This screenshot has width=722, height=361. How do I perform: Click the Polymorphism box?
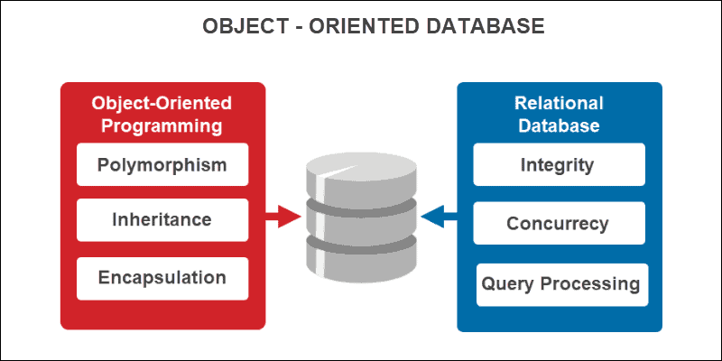point(162,165)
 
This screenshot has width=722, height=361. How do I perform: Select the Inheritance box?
point(162,220)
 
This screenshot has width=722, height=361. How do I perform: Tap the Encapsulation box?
point(162,277)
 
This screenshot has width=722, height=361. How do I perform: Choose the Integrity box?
point(560,165)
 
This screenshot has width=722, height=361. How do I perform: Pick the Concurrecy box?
point(560,223)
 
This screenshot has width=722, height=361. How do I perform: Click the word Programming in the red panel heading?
point(162,125)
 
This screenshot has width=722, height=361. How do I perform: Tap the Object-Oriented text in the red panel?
point(162,103)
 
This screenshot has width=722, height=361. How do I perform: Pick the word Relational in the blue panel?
point(560,103)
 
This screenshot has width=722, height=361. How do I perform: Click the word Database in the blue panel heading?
point(560,125)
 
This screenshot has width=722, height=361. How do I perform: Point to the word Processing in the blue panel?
point(588,284)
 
